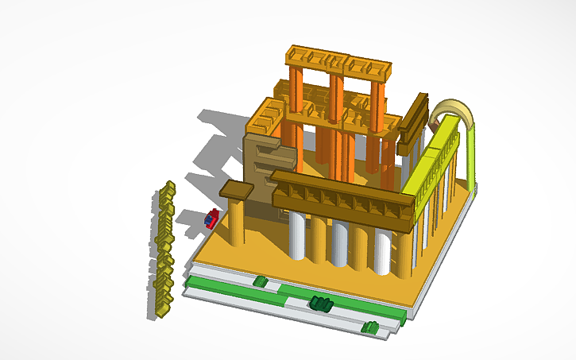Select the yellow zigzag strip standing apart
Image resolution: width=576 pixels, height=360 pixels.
(x=164, y=250)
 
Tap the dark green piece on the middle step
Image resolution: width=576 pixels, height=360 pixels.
(x=320, y=303)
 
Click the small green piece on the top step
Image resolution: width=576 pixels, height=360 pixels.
(x=260, y=281)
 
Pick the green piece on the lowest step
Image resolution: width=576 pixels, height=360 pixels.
(x=369, y=327)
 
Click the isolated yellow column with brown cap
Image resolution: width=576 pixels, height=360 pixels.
(x=235, y=223)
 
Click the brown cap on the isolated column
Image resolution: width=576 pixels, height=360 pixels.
(x=235, y=191)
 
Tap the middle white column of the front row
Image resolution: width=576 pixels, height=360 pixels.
(x=339, y=242)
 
